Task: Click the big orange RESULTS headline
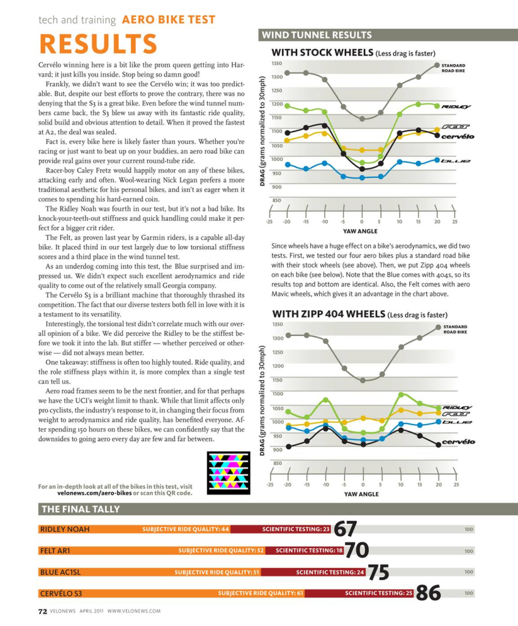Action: click(x=98, y=44)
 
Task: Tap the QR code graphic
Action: click(x=229, y=473)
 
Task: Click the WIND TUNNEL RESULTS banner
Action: click(x=317, y=35)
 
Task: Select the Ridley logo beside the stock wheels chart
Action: click(x=456, y=106)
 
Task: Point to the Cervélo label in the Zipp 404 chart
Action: click(x=458, y=442)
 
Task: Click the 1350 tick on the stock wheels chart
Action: click(x=277, y=64)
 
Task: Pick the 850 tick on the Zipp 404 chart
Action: click(x=277, y=463)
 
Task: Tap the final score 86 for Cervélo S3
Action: click(x=428, y=593)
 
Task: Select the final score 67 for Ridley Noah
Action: click(x=345, y=529)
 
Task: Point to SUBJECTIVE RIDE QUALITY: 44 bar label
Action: click(x=186, y=529)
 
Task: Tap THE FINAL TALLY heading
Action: click(x=80, y=509)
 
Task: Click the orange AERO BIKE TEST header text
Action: click(x=159, y=20)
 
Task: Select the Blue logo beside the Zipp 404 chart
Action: click(x=456, y=422)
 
